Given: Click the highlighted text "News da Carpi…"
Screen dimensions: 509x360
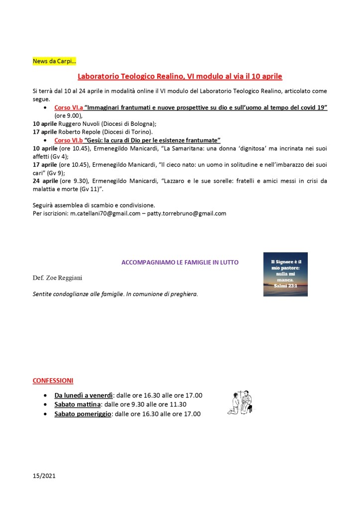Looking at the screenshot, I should coord(54,61).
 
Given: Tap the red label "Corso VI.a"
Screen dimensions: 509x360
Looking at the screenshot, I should coord(69,107).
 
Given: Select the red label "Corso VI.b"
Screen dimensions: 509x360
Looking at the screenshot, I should coord(69,140).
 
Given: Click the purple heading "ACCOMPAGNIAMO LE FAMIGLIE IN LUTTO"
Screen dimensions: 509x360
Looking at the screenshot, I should coord(180,262).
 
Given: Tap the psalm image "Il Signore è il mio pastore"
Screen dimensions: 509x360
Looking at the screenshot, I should coord(285,274).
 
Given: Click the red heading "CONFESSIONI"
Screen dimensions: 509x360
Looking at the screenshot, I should coord(53,381).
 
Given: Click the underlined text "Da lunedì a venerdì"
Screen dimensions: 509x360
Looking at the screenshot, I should coord(84,395).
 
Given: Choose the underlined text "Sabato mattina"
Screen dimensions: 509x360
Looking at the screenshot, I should coord(78,405).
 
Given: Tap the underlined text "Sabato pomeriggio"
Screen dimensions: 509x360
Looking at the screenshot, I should coord(83,413).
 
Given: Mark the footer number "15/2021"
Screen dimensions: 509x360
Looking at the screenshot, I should coord(44,476).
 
